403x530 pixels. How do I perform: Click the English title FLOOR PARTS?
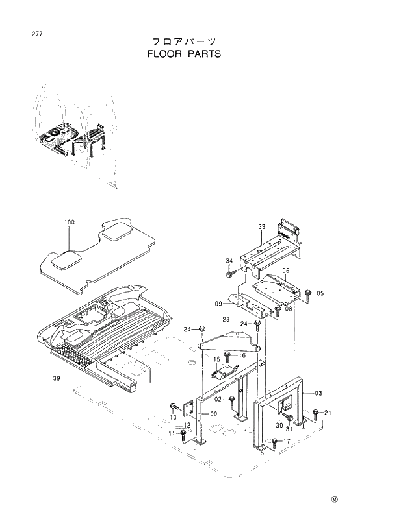click(x=184, y=54)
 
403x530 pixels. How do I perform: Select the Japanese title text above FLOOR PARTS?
click(x=184, y=41)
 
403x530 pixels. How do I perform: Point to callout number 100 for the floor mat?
click(x=70, y=223)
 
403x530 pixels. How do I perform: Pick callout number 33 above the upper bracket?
click(x=261, y=226)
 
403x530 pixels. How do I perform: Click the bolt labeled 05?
click(x=308, y=293)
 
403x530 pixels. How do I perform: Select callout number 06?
click(x=285, y=271)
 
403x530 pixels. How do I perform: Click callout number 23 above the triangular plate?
click(x=226, y=319)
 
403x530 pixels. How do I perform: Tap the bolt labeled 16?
click(x=227, y=356)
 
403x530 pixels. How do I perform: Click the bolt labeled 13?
click(x=174, y=405)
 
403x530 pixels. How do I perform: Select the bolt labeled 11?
click(x=183, y=434)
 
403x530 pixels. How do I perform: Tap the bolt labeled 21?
click(x=315, y=413)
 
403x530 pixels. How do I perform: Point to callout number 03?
click(x=318, y=393)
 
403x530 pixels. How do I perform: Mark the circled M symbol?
click(x=335, y=500)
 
